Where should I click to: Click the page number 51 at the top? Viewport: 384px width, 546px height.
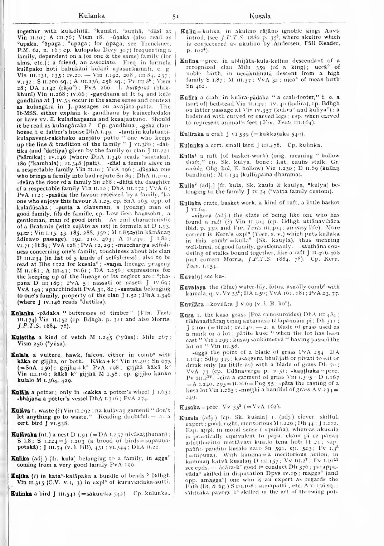pos(175,16)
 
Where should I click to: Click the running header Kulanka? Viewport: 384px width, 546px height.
pos(92,16)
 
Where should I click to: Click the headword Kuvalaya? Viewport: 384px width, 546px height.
pos(193,277)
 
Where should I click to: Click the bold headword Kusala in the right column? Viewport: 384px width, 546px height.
pos(188,417)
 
